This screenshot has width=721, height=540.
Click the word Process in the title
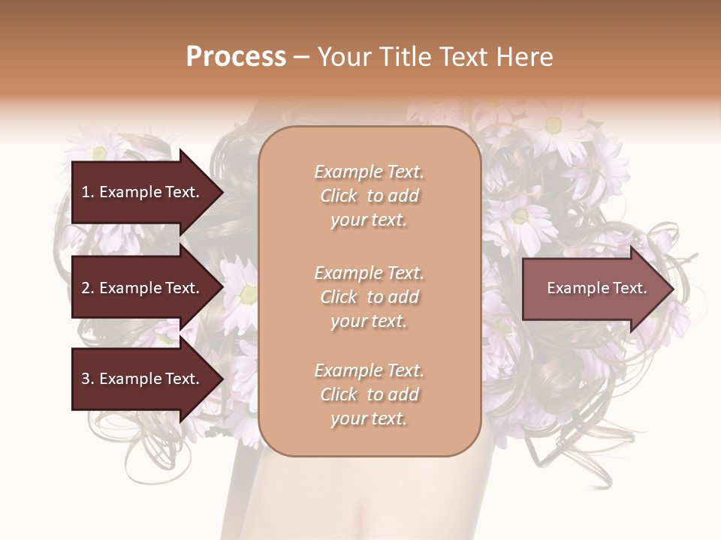(x=236, y=56)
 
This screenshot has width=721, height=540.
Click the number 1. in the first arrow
(x=88, y=192)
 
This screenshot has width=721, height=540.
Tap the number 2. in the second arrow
(x=88, y=288)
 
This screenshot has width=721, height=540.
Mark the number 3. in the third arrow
(x=88, y=379)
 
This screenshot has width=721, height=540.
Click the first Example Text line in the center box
(x=369, y=172)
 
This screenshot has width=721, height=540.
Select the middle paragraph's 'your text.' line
(x=369, y=321)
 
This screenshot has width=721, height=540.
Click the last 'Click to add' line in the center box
(x=369, y=394)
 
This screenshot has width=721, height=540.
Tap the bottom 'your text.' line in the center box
(x=369, y=418)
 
